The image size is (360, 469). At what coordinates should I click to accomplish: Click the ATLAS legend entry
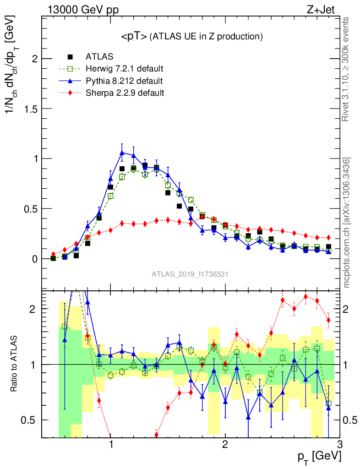[x=99, y=57]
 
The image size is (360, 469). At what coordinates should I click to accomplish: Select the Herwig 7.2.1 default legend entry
[x=124, y=69]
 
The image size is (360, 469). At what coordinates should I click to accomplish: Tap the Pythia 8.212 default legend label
[x=124, y=82]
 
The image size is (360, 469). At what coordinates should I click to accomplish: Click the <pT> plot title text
[x=191, y=37]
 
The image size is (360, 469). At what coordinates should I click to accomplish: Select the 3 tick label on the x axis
[x=339, y=444]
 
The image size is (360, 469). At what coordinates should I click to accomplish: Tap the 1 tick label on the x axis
[x=111, y=444]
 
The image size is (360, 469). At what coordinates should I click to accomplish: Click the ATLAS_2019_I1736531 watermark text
[x=190, y=274]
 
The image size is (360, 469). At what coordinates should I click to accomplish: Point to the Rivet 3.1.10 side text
[x=347, y=69]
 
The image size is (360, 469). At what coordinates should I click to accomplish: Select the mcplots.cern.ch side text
[x=347, y=222]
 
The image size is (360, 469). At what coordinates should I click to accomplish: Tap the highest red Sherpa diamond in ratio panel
[x=305, y=296]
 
